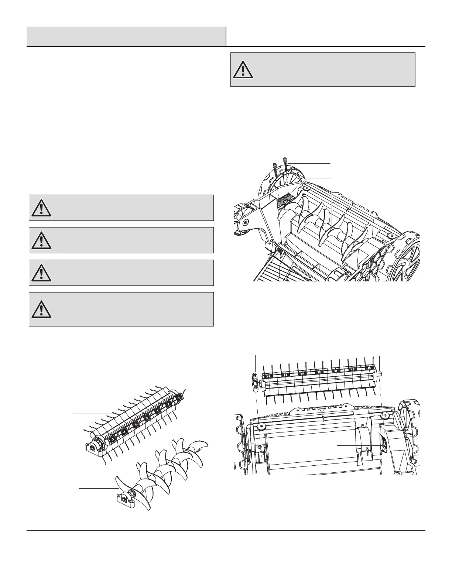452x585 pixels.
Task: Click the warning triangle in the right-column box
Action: (243, 70)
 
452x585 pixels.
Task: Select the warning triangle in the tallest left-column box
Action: (41, 309)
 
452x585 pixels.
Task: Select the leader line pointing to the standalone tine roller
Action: (90, 414)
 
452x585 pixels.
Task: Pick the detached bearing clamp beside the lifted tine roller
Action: (255, 382)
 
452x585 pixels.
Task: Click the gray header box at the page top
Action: (126, 36)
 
